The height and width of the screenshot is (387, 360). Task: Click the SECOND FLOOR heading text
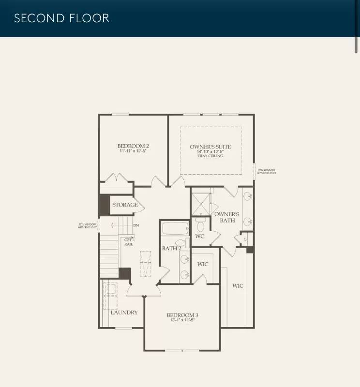click(61, 18)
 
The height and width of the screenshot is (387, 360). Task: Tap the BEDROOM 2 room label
click(133, 146)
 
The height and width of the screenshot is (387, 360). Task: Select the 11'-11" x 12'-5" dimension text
click(133, 151)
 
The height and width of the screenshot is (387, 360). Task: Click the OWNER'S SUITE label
click(210, 147)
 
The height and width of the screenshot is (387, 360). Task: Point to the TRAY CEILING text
click(210, 156)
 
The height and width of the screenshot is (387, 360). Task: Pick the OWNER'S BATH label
click(227, 217)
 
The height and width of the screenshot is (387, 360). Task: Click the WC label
click(200, 237)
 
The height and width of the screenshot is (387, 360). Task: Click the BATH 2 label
click(171, 249)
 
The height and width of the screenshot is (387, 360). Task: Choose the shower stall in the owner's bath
click(200, 204)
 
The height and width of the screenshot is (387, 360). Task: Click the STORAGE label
click(125, 205)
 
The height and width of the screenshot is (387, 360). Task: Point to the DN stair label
click(136, 225)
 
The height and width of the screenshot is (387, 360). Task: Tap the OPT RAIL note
click(128, 242)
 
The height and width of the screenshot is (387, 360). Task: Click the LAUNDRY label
click(124, 313)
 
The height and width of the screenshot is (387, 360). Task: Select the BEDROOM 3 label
click(182, 315)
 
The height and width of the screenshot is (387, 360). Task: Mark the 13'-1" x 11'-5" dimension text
click(182, 320)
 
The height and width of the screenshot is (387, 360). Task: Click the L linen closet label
click(245, 239)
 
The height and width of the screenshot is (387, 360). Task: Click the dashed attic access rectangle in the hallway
click(146, 264)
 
